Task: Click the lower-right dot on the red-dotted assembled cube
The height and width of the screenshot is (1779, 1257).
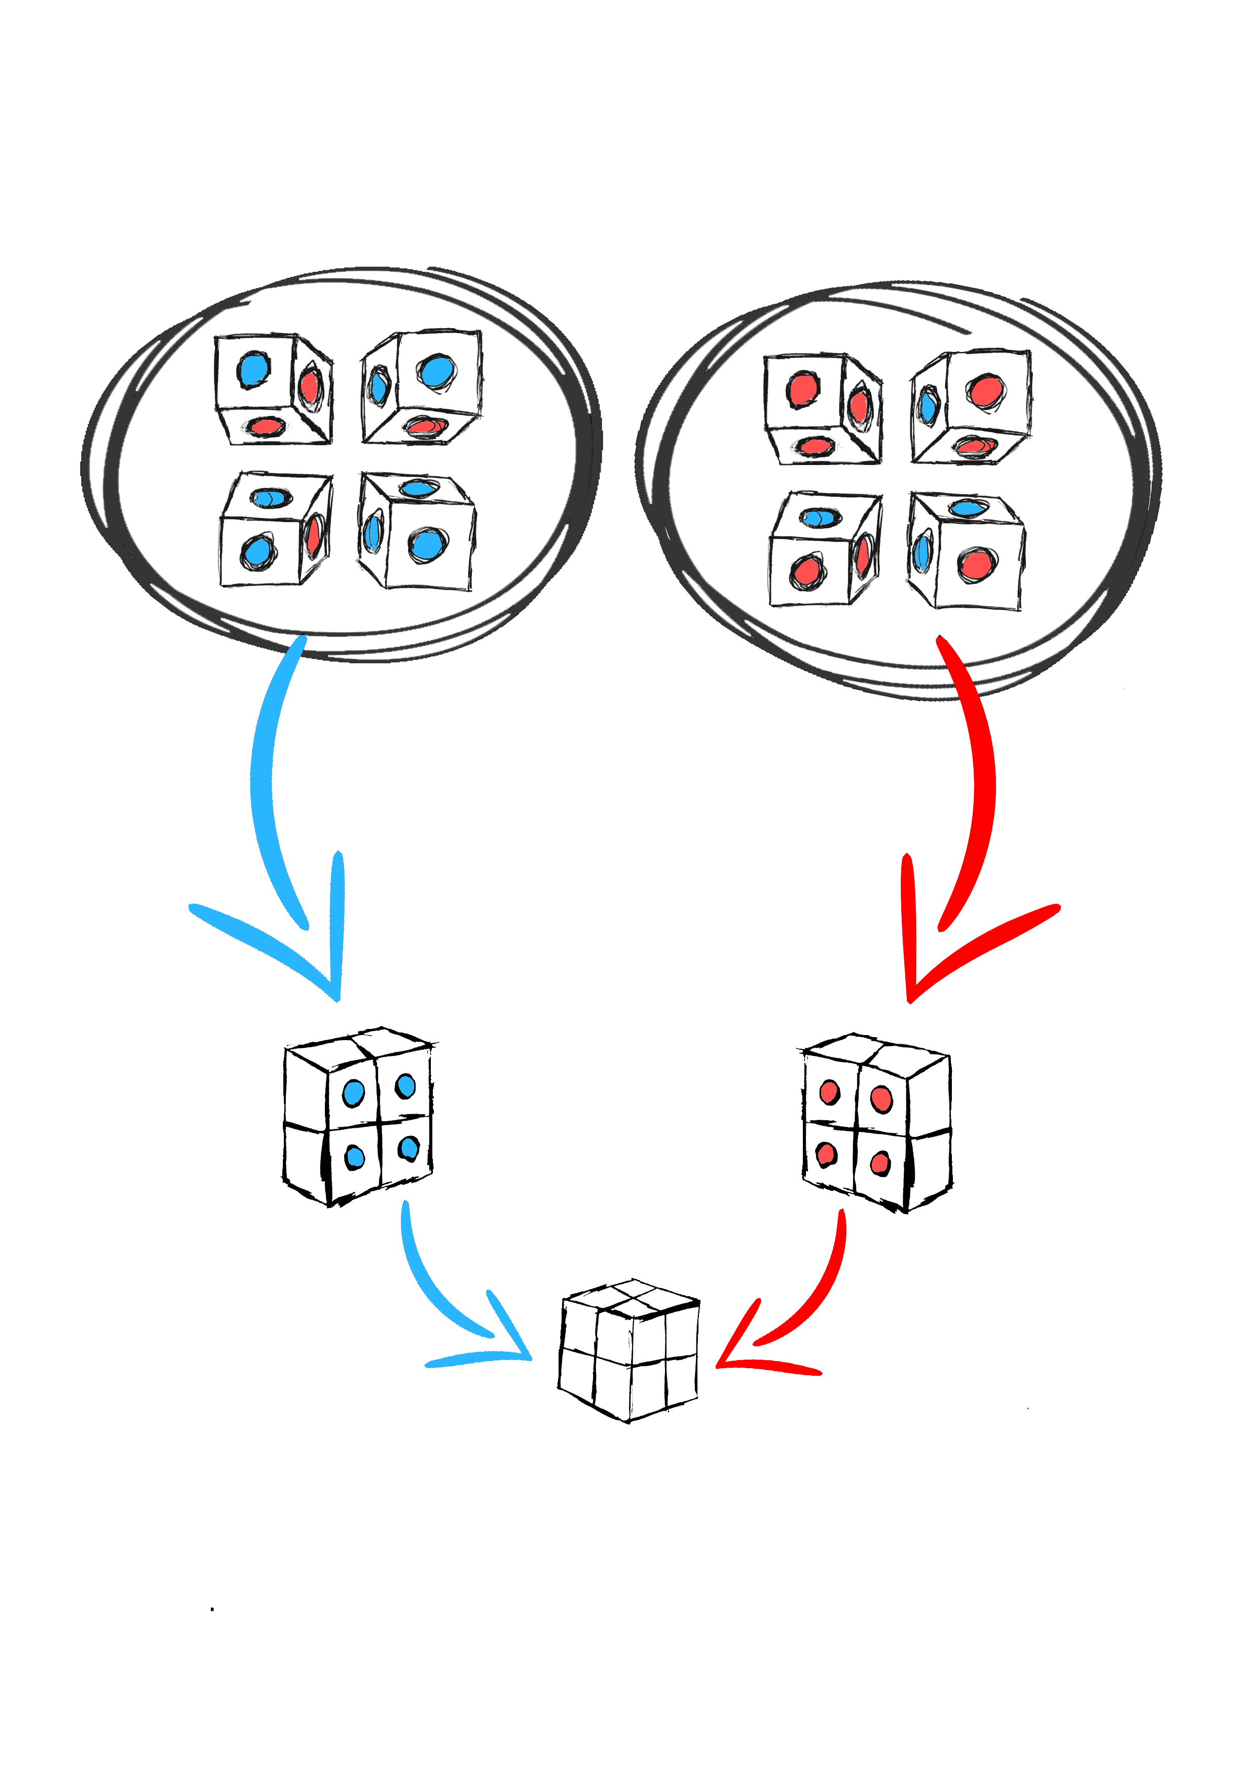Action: pyautogui.click(x=880, y=1163)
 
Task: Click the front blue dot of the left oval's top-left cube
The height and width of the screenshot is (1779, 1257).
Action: pyautogui.click(x=253, y=370)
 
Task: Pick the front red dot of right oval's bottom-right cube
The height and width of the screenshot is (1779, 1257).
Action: pyautogui.click(x=977, y=564)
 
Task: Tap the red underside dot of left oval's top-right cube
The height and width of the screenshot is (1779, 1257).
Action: pyautogui.click(x=425, y=426)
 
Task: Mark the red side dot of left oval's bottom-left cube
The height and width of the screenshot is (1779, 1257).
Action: pyautogui.click(x=314, y=535)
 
